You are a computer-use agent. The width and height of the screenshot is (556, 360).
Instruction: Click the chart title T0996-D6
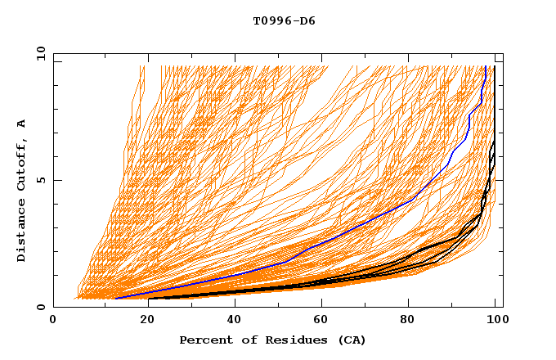tap(284, 21)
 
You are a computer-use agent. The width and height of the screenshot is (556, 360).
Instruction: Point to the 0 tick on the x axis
tap(54, 321)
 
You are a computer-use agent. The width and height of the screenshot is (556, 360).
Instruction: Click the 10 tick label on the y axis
tap(39, 53)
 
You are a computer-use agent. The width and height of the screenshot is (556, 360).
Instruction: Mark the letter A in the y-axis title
tap(22, 124)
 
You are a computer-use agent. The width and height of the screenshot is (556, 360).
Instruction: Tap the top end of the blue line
tap(486, 67)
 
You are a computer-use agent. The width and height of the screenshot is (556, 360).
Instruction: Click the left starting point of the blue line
tap(114, 298)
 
